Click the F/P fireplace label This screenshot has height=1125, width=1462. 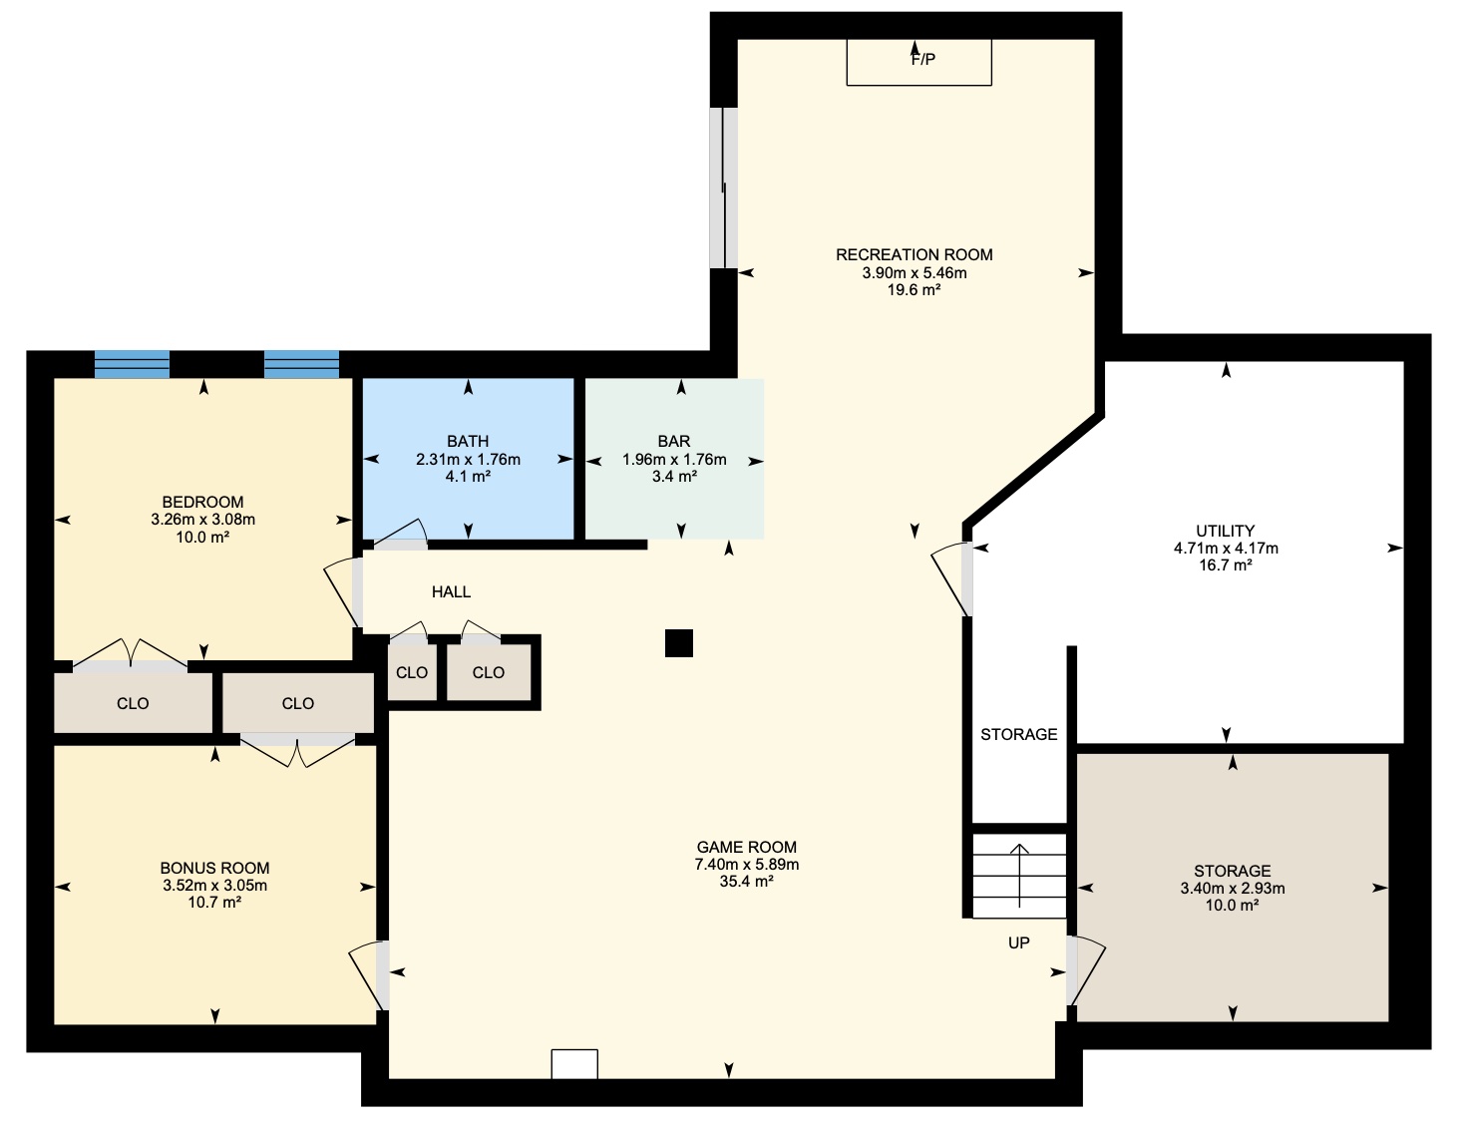click(923, 60)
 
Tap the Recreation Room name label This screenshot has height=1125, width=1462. click(914, 255)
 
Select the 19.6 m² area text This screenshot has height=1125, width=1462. click(914, 290)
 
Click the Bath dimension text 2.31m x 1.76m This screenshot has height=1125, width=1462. click(469, 460)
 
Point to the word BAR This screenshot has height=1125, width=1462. click(674, 442)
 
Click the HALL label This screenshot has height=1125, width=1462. click(451, 592)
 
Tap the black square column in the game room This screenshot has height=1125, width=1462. click(679, 643)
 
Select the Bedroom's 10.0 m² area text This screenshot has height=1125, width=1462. click(202, 537)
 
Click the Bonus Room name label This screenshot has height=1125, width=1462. click(214, 868)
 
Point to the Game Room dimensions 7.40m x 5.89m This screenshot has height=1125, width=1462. click(747, 864)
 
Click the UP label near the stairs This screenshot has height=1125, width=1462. click(1018, 943)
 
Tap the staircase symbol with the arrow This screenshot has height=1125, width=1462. click(1019, 876)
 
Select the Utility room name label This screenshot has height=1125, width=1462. click(1226, 531)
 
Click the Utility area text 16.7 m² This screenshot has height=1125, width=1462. click(1226, 565)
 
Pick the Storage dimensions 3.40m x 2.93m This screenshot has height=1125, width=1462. click(1233, 889)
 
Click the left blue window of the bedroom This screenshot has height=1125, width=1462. click(132, 365)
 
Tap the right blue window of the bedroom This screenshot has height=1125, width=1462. click(301, 365)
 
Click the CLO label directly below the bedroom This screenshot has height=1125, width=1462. click(133, 704)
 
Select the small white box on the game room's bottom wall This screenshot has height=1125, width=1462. click(574, 1064)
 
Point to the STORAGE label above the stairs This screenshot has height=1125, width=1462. click(1018, 735)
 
